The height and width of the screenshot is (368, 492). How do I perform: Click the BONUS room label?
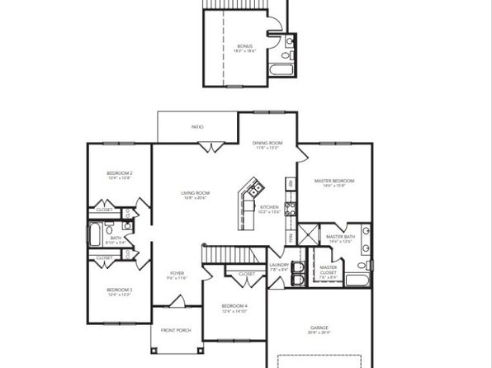pyautogui.click(x=245, y=47)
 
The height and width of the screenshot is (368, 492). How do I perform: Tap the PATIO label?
pyautogui.click(x=197, y=127)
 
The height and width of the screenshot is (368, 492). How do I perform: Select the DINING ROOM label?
pyautogui.click(x=267, y=144)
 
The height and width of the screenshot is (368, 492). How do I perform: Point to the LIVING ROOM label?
pyautogui.click(x=195, y=193)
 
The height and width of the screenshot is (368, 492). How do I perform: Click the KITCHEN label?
pyautogui.click(x=269, y=207)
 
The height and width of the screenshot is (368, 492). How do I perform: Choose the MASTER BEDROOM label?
pyautogui.click(x=334, y=181)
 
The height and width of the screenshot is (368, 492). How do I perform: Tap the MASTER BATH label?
pyautogui.click(x=340, y=238)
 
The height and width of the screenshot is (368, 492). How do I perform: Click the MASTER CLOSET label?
pyautogui.click(x=329, y=269)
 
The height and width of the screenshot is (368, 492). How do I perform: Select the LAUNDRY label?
pyautogui.click(x=279, y=265)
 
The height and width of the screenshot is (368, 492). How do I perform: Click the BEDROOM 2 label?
pyautogui.click(x=120, y=173)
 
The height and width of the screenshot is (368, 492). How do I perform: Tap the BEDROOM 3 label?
pyautogui.click(x=120, y=290)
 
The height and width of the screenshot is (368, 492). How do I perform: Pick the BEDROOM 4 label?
pyautogui.click(x=234, y=307)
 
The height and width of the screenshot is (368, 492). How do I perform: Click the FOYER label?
pyautogui.click(x=177, y=273)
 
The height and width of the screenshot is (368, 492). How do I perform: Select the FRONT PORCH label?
pyautogui.click(x=177, y=330)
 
